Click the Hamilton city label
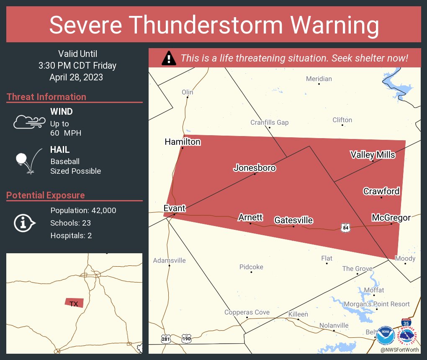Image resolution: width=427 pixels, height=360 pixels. tap(183, 142)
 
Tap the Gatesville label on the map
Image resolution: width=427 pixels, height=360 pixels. tap(293, 220)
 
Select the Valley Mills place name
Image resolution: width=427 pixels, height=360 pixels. tap(373, 155)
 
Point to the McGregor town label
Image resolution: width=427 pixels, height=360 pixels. tap(391, 217)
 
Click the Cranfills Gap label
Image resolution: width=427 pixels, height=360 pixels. tap(270, 123)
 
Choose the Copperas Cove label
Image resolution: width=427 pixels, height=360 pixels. tap(247, 312)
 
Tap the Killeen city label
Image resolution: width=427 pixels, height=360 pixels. tap(298, 314)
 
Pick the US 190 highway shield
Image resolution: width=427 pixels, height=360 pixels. tap(186, 337)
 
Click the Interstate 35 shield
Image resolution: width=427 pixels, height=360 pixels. tap(406, 323)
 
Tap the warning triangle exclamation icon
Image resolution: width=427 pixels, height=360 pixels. tap(169, 58)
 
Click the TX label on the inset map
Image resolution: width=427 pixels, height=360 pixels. tap(74, 304)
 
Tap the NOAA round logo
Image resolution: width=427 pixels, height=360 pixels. tap(385, 336)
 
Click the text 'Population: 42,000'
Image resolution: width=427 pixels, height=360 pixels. tap(83, 211)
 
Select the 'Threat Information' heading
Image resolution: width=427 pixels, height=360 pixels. tap(46, 97)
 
